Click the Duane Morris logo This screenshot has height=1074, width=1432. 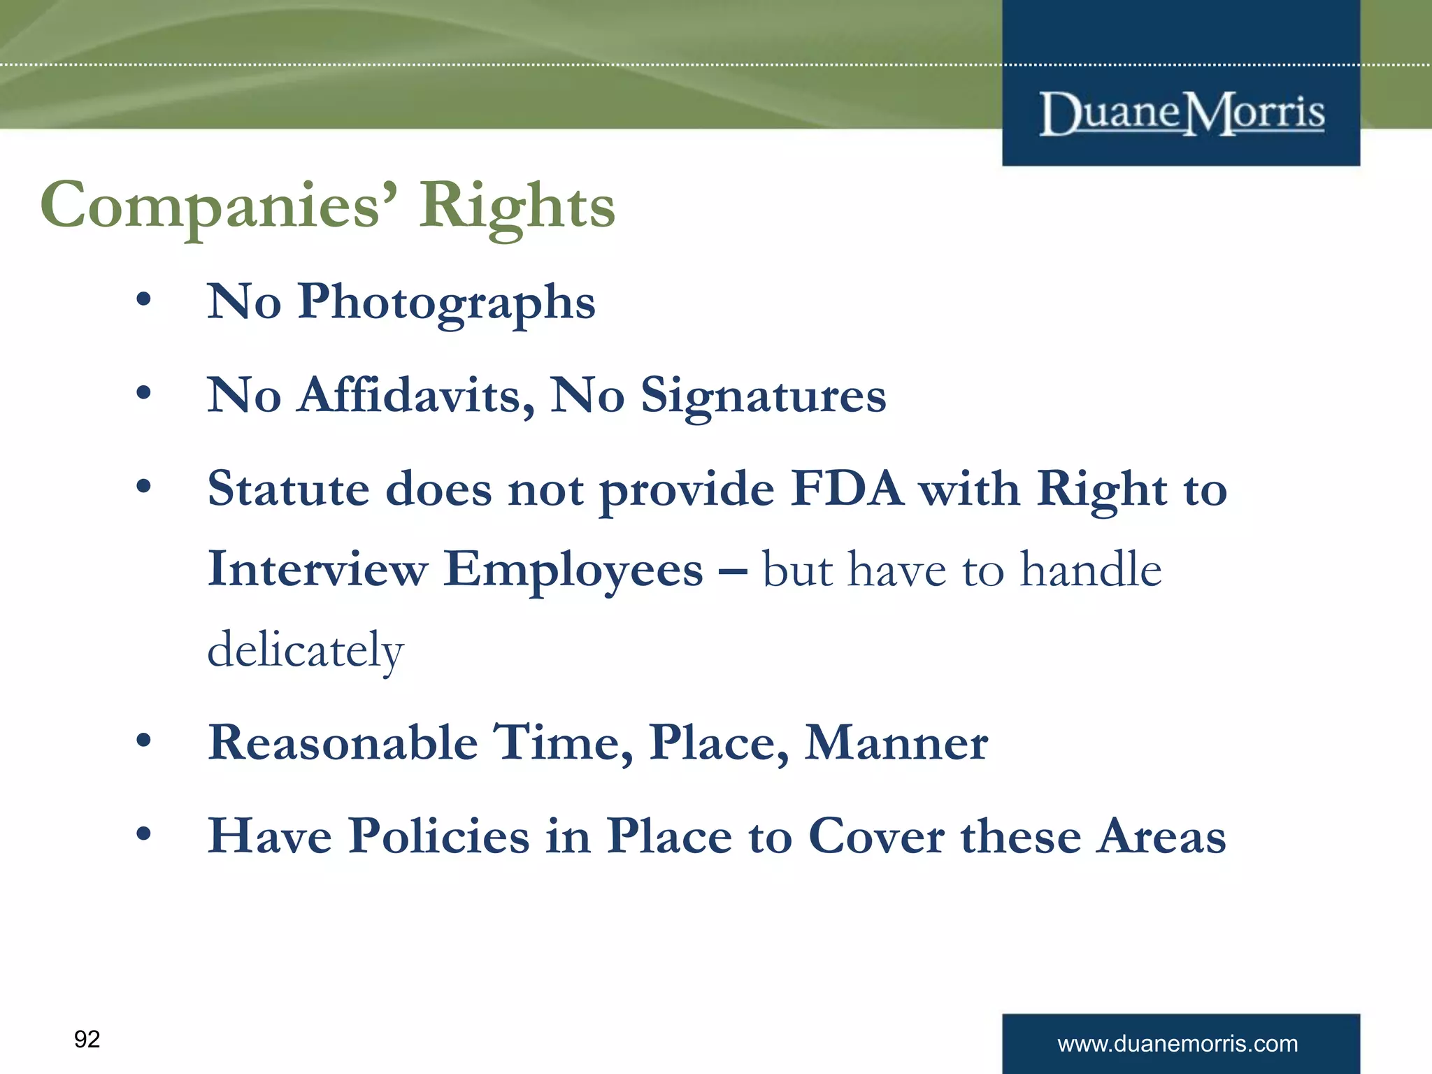pos(1181,113)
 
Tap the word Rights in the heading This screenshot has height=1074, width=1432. pos(517,206)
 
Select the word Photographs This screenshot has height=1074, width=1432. pos(446,302)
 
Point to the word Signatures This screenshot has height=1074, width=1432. pos(763,396)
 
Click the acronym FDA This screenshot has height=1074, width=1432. pos(847,489)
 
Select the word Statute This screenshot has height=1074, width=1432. pos(288,489)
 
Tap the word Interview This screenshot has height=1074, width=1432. pos(317,569)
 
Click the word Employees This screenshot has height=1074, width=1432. pos(573,569)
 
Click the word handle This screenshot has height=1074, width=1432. pos(1091,569)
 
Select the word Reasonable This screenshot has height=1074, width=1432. pos(343,743)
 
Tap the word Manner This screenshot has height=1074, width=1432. pos(896,743)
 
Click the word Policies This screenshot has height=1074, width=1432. pos(439,836)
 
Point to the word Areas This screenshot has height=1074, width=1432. pos(1161,836)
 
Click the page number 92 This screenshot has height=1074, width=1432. pos(87,1039)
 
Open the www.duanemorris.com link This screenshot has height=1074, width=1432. pos(1177,1044)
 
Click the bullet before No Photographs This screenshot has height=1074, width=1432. pos(143,300)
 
